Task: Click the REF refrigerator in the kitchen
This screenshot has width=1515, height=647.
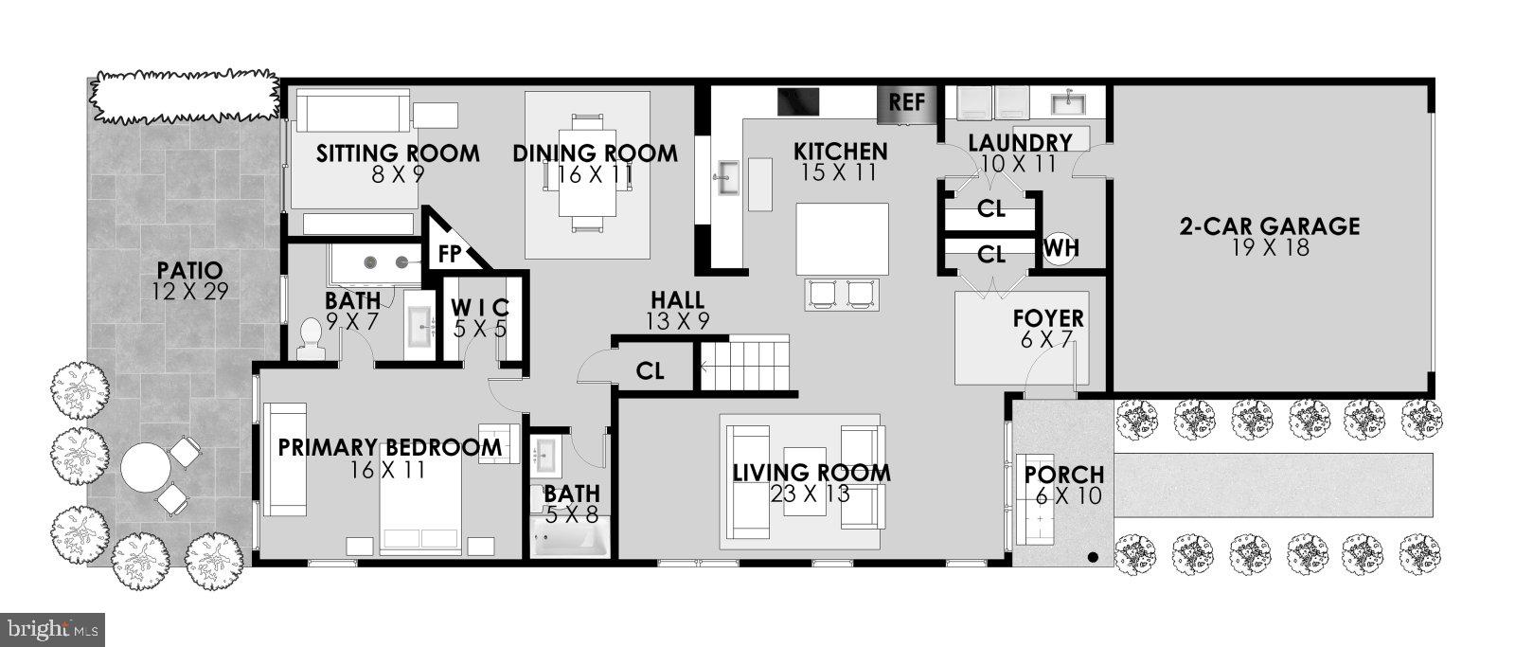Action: (x=907, y=103)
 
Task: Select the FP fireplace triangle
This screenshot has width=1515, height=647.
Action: (x=450, y=252)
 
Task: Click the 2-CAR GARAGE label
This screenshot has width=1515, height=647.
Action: (x=1269, y=226)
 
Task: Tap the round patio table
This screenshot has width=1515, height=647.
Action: (x=144, y=467)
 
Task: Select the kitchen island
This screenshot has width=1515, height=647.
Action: (x=842, y=238)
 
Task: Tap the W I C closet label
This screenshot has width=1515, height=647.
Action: (x=479, y=308)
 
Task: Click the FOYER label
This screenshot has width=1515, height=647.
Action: (x=1047, y=318)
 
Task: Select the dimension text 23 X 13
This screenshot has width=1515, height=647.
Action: (x=811, y=494)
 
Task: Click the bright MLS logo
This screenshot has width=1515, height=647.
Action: (x=53, y=628)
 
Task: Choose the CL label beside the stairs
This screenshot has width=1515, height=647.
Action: (x=650, y=371)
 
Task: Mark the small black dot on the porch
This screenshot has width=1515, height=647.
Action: (x=1093, y=557)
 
